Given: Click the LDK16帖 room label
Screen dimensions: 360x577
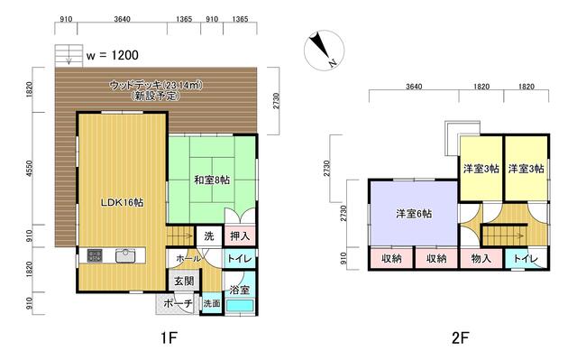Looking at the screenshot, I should point(121,202).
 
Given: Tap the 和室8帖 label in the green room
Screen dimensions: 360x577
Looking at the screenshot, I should point(212,180).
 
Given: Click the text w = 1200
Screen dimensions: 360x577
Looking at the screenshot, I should point(113,54).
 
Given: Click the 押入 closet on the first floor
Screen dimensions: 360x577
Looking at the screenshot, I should point(239,235).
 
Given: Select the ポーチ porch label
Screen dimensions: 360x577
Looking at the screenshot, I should point(180,303).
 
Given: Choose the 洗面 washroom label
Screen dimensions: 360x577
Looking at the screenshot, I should point(211,303).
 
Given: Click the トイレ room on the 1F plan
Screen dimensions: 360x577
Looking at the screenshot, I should point(239,258).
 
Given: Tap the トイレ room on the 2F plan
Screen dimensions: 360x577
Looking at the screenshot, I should point(527,259).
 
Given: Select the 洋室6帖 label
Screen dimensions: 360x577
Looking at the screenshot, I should point(413,214).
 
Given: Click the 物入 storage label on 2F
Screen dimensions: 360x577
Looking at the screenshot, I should point(481,259).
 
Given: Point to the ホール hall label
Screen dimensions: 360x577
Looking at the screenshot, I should point(188,258).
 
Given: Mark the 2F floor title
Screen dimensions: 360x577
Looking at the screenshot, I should point(462,342).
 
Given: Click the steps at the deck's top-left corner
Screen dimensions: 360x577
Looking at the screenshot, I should point(64,56).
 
